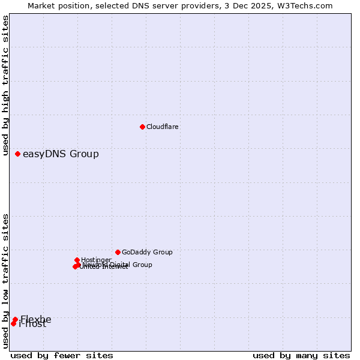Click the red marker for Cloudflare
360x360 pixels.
142,127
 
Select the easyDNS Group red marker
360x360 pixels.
18,154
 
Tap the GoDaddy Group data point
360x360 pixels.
118,252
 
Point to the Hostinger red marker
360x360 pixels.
77,260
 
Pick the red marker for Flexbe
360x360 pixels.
15,320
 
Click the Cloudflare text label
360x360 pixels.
163,127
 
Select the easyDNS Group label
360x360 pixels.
61,154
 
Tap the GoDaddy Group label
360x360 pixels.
147,252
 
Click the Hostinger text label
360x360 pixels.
97,260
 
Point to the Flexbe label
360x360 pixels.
36,319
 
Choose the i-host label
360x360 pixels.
32,325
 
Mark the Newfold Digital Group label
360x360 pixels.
118,265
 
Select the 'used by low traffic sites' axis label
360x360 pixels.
6,281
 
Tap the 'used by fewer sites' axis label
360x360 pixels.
62,355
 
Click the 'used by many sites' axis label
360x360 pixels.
301,355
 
